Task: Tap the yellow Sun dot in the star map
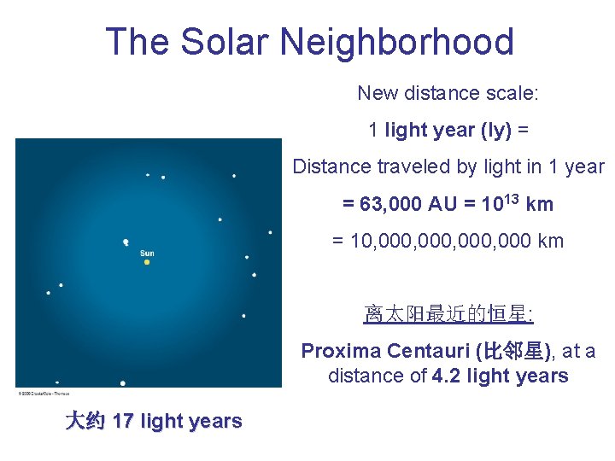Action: pyautogui.click(x=147, y=262)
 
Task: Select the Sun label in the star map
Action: pyautogui.click(x=147, y=253)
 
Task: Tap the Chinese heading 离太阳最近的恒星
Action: pyautogui.click(x=448, y=315)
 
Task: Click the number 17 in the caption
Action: pyautogui.click(x=122, y=421)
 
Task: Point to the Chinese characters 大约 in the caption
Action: pyautogui.click(x=85, y=421)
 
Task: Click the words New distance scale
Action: pyautogui.click(x=448, y=92)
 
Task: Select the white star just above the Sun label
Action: pyautogui.click(x=126, y=242)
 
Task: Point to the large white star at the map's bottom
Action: pyautogui.click(x=123, y=383)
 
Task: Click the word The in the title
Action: pyautogui.click(x=132, y=42)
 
